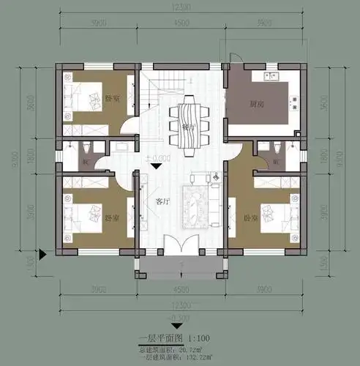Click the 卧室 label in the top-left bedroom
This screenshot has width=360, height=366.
[112, 99]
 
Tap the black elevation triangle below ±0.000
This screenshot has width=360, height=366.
[155, 167]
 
